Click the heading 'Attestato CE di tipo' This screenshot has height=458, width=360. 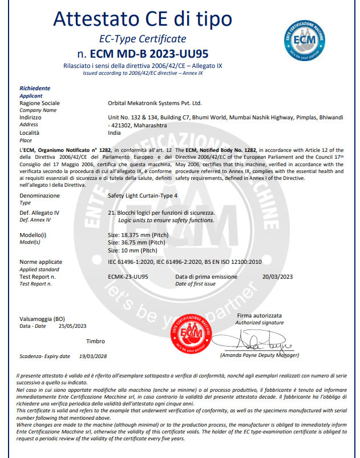click(x=143, y=19)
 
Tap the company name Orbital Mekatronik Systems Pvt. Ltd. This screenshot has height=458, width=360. click(x=155, y=103)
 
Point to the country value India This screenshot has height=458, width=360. click(x=115, y=132)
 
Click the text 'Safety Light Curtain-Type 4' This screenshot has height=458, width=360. click(x=146, y=195)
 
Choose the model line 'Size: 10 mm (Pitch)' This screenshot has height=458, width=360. click(x=133, y=250)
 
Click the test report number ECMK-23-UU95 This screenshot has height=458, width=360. click(x=128, y=276)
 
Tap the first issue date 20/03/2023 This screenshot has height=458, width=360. click(x=277, y=276)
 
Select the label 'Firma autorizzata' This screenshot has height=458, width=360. click(x=260, y=315)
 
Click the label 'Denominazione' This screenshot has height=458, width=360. click(x=39, y=195)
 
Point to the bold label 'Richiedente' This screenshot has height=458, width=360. click(x=35, y=89)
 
